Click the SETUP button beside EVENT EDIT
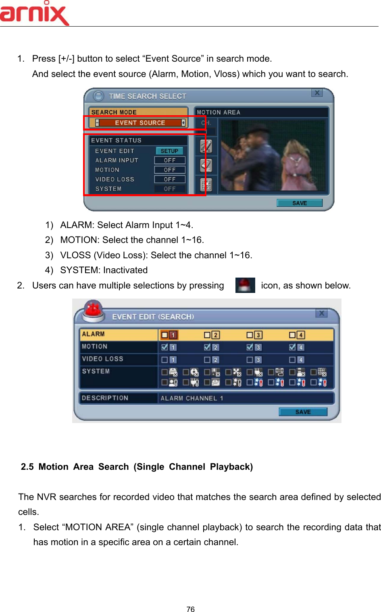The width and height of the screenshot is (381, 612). [x=169, y=151]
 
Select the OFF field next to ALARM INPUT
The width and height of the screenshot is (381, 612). [x=170, y=160]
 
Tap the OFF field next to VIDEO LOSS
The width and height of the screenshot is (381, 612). [x=170, y=179]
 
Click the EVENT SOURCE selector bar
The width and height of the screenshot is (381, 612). [x=140, y=123]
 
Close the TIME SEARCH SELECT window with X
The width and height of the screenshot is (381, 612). [x=317, y=93]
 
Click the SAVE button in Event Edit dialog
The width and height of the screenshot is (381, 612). [x=303, y=412]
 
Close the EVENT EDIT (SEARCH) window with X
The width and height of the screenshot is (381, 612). [x=321, y=313]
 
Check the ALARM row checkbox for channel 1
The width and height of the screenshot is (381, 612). [x=164, y=335]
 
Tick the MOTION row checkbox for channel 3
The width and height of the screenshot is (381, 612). [x=250, y=347]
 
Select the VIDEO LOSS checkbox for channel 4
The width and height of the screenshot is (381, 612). [x=292, y=359]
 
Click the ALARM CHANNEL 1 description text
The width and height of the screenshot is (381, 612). [x=192, y=398]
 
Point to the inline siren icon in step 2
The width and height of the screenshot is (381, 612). [x=245, y=285]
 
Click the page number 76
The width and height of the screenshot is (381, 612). [x=190, y=609]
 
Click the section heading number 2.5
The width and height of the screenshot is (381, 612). [x=27, y=467]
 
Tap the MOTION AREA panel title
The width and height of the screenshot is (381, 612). [x=219, y=112]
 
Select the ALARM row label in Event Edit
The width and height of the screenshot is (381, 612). [x=93, y=334]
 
